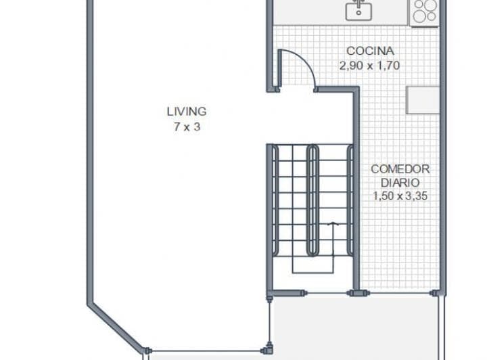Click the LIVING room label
[187, 112]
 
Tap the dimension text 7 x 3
[187, 127]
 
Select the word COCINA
[370, 51]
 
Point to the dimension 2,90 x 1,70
[369, 66]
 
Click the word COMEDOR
[400, 169]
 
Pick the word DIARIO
[400, 183]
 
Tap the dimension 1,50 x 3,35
[400, 196]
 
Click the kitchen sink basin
[358, 12]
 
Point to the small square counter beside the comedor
[423, 100]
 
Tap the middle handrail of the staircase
[312, 201]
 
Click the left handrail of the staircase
[275, 201]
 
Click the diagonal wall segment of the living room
[116, 328]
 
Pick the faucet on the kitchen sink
[359, 4]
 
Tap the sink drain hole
[358, 13]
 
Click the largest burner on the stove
[431, 5]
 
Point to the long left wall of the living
[91, 152]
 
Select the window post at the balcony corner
[269, 349]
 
